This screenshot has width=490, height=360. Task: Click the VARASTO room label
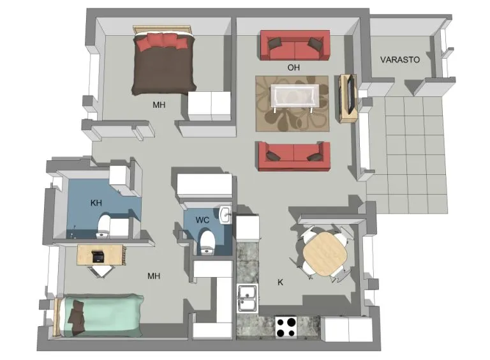[399, 60]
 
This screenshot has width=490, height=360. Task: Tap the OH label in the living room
[293, 67]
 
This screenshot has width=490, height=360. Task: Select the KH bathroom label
[96, 203]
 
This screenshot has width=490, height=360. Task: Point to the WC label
[202, 220]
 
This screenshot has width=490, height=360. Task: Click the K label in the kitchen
[280, 282]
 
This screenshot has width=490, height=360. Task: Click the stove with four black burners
[286, 327]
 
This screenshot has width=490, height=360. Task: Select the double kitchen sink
[248, 298]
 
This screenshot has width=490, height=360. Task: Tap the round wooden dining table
[325, 254]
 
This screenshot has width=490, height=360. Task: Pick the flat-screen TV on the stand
[352, 94]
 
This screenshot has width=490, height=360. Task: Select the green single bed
[100, 315]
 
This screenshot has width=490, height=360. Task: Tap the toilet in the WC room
[207, 243]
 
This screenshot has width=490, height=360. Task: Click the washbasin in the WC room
[225, 215]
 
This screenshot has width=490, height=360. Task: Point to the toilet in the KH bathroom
[103, 226]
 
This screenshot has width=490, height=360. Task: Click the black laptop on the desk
[99, 256]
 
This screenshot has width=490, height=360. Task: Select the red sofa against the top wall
[295, 45]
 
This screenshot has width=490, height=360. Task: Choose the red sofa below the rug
[294, 156]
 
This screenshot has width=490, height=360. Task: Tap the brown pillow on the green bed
[77, 315]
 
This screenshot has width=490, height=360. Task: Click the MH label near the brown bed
[159, 105]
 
